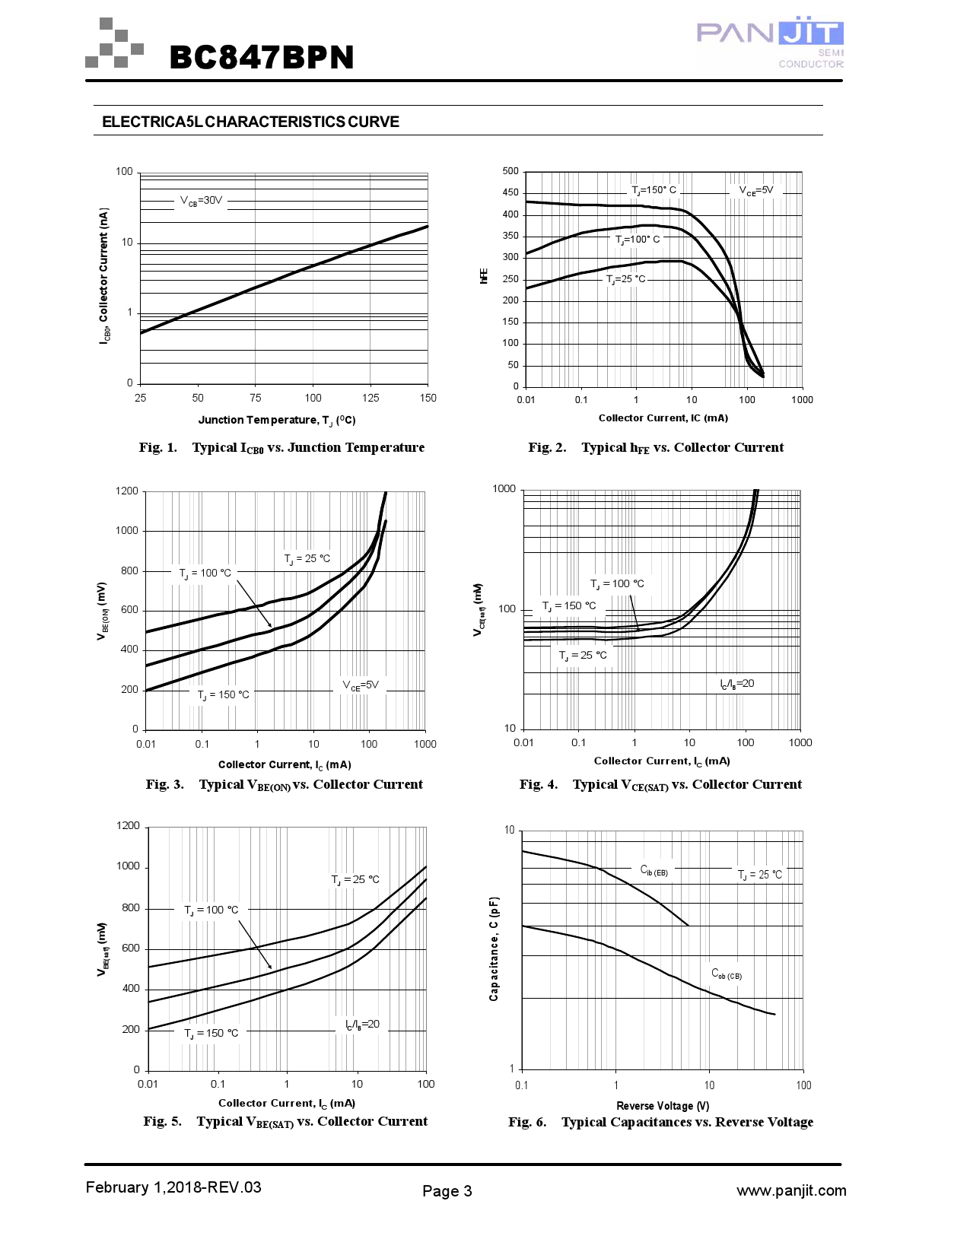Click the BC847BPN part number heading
point(262,57)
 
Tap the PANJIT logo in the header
point(770,44)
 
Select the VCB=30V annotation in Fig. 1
point(201,201)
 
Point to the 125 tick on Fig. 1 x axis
point(371,398)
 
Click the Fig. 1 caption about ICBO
point(281,447)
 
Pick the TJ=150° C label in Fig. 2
point(654,190)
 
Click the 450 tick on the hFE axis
point(510,193)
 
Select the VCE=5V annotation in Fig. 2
point(756,190)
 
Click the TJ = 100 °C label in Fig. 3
point(205,573)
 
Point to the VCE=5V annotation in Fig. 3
point(360,685)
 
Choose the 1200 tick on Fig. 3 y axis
point(126,491)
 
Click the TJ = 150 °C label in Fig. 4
point(569,606)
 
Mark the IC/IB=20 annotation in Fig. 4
point(737,684)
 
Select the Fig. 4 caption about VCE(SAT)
point(660,784)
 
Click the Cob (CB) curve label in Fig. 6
point(727,974)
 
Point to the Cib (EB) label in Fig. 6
point(654,870)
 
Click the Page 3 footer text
point(447,1191)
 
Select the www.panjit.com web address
point(791,1190)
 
